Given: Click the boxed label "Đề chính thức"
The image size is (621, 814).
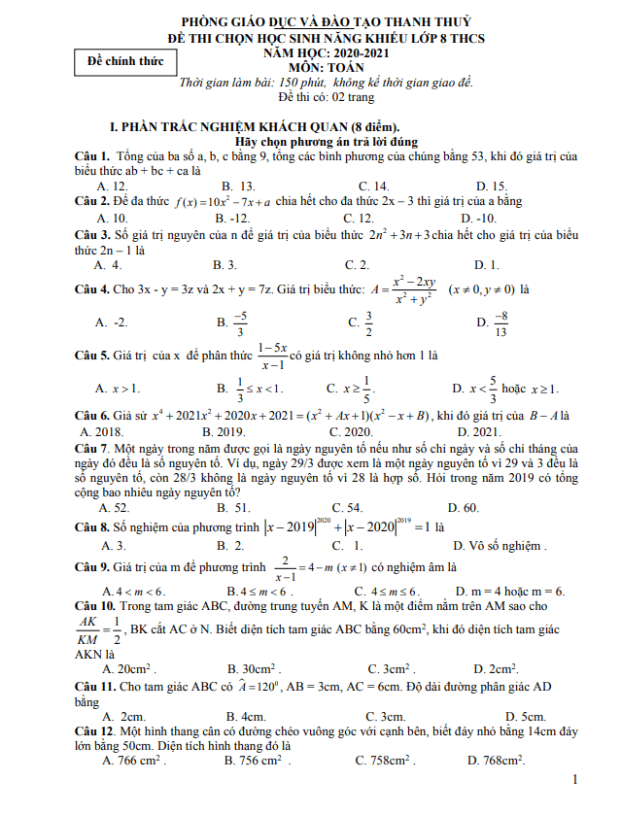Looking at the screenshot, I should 125,61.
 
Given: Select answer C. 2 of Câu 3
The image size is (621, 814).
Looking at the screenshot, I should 357,264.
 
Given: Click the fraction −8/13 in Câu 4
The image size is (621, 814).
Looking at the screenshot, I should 500,322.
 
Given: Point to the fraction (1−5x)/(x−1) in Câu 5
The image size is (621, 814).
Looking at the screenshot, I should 272,356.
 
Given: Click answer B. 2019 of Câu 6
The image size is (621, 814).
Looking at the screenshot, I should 223,431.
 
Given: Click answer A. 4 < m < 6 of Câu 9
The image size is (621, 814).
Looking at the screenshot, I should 133,591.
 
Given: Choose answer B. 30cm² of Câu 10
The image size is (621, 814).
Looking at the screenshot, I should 254,669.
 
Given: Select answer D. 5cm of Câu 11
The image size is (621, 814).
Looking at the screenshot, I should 499,717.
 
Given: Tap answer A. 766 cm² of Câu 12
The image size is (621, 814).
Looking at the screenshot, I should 132,761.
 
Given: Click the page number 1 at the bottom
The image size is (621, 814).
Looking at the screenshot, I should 576,779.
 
